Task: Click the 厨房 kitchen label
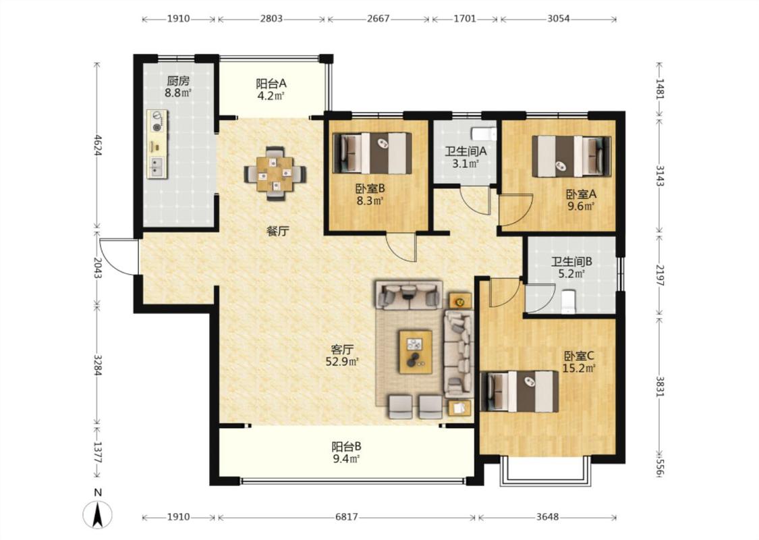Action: [177, 80]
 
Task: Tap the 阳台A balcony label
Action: [271, 83]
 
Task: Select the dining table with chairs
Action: [275, 173]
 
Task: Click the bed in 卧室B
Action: [372, 153]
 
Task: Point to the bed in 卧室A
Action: [571, 157]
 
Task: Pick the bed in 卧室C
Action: [519, 391]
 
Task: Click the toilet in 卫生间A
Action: [484, 132]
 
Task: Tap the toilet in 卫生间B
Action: [568, 301]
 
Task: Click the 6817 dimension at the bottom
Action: [347, 517]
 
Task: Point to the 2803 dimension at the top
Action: [271, 19]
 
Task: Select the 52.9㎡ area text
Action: [343, 361]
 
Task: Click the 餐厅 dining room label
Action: [277, 232]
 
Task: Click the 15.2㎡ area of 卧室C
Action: [579, 369]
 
